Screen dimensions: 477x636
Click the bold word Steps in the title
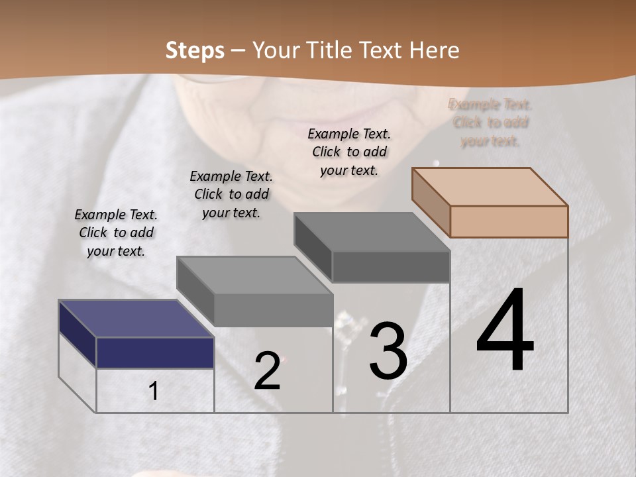tap(195, 50)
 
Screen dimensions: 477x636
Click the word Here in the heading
tap(435, 50)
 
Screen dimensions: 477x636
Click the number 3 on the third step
tap(388, 350)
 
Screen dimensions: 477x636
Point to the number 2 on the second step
tap(268, 370)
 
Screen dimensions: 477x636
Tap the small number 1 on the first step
tap(154, 392)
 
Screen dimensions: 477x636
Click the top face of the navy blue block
tap(136, 319)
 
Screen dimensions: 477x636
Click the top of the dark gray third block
tap(372, 232)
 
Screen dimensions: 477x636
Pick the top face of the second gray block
tap(254, 276)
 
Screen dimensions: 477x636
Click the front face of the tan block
tap(509, 221)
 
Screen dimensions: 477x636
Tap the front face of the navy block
tap(155, 352)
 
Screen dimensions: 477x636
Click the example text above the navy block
tap(116, 233)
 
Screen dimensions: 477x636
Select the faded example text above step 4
tap(490, 123)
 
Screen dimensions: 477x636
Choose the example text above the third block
tap(349, 152)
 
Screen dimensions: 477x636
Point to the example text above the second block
tap(231, 194)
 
